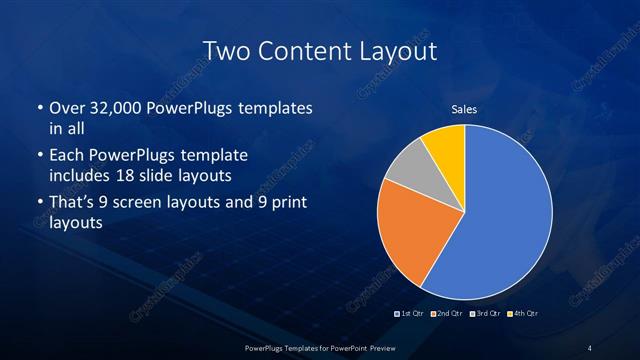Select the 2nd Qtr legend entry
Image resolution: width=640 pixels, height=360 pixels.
tap(447, 314)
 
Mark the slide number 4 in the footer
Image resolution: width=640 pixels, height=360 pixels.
tap(590, 348)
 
